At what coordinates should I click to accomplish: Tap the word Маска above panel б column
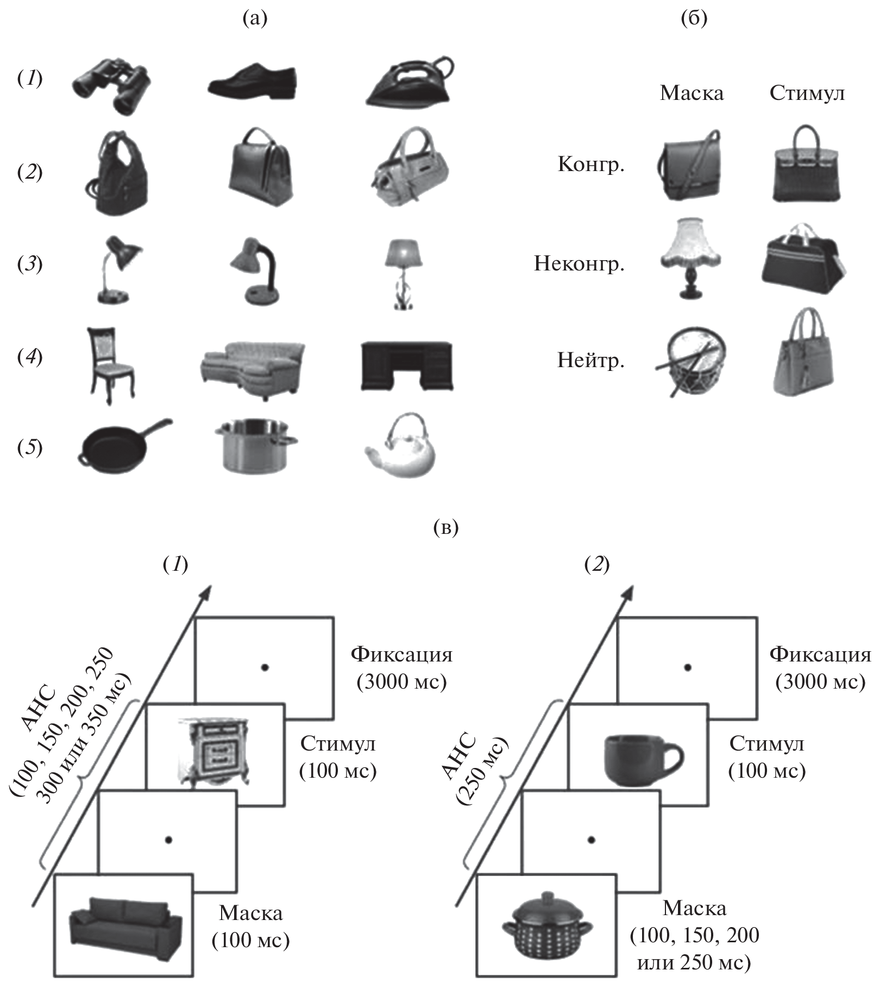(692, 93)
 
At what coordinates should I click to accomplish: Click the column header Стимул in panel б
(807, 93)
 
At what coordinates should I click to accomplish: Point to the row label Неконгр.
(579, 264)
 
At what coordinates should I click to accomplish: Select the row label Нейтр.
(591, 360)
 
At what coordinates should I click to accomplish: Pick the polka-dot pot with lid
(547, 919)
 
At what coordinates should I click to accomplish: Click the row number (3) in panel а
(30, 264)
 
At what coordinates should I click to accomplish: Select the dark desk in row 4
(406, 366)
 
